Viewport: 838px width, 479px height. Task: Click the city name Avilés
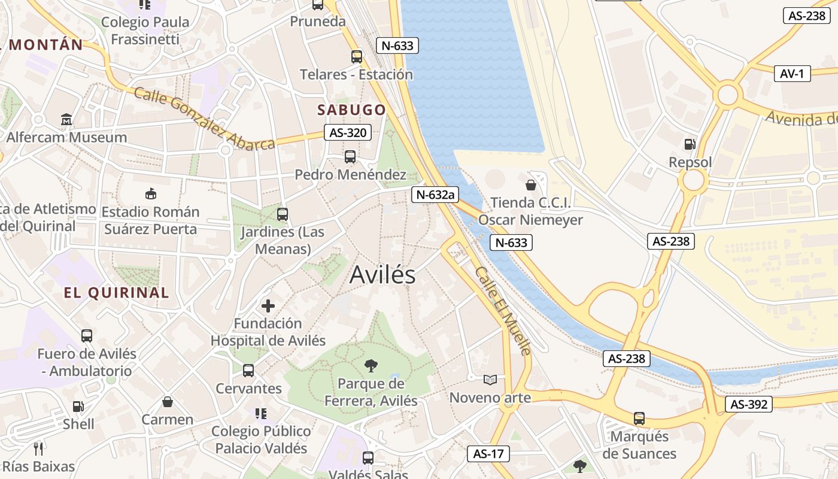pos(382,275)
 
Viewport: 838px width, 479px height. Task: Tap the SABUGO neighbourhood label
pos(351,110)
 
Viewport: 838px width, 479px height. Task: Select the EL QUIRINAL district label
pos(116,293)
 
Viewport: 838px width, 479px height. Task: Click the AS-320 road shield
pos(348,133)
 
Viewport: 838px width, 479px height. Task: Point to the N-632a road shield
pos(435,194)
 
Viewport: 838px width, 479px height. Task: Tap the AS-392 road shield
pos(749,404)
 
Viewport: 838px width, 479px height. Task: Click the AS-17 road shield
pos(488,454)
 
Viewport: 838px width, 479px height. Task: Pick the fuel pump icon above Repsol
pos(690,144)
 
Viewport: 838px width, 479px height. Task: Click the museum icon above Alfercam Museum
pos(66,120)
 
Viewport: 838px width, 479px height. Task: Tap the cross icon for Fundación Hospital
pos(268,307)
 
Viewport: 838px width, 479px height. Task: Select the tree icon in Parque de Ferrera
pos(371,365)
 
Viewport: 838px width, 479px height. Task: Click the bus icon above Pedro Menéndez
pos(350,157)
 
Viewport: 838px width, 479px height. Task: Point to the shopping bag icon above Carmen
pos(168,402)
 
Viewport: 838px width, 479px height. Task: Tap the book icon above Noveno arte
pos(490,380)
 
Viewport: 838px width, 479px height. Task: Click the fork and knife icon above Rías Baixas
pos(38,448)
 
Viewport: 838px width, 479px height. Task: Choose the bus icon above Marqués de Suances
pos(639,418)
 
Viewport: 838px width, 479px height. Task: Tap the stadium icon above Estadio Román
pos(151,193)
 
